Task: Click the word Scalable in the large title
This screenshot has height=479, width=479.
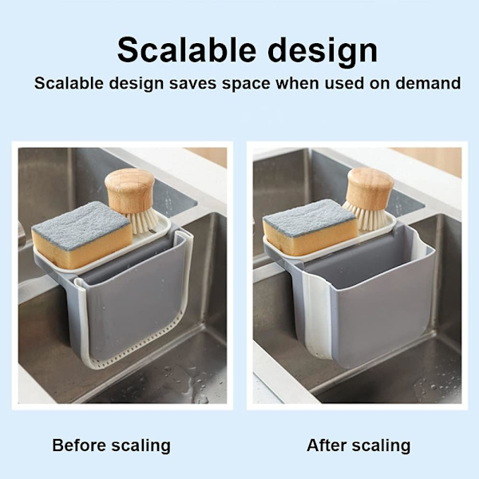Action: [186, 50]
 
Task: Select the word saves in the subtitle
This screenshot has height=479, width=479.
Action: [193, 83]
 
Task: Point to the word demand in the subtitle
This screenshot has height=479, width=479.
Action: [428, 83]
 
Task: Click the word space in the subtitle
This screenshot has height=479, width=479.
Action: [246, 85]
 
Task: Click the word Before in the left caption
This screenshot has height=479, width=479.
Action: [79, 445]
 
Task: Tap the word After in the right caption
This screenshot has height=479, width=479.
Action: [327, 445]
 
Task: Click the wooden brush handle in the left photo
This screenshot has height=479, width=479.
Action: [130, 191]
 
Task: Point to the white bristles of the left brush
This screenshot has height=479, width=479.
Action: [144, 220]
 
